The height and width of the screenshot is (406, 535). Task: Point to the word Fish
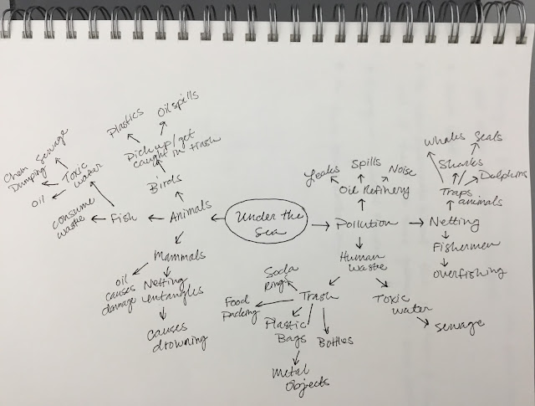[124, 219]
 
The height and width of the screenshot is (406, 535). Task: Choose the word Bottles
[336, 341]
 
